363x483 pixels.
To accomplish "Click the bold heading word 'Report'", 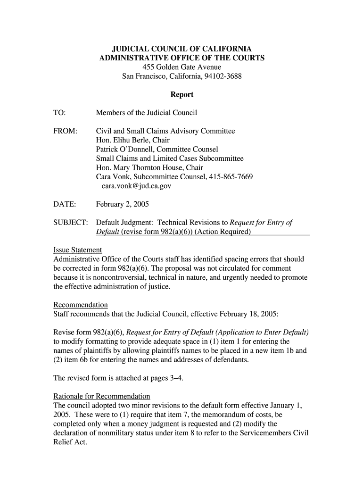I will click(x=181, y=94).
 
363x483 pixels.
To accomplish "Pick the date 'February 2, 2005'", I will click(x=123, y=204).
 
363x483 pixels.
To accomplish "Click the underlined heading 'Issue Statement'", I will click(x=78, y=250).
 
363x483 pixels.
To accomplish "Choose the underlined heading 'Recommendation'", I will click(x=81, y=305).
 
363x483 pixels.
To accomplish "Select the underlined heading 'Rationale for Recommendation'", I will click(x=102, y=396).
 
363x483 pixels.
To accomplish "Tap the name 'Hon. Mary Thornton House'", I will click(x=136, y=167).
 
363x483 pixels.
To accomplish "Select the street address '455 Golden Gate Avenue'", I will click(x=181, y=67).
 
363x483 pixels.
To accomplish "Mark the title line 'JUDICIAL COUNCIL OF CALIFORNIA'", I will click(x=181, y=49).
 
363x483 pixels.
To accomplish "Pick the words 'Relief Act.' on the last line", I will click(x=71, y=442).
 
